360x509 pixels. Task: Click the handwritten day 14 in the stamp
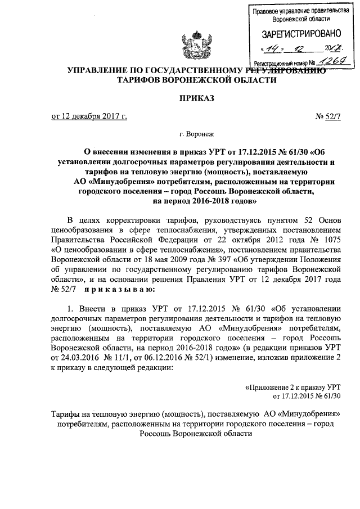tap(276, 49)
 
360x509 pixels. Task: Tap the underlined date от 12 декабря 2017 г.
tap(89, 116)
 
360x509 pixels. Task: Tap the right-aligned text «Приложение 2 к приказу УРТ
tap(293, 387)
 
